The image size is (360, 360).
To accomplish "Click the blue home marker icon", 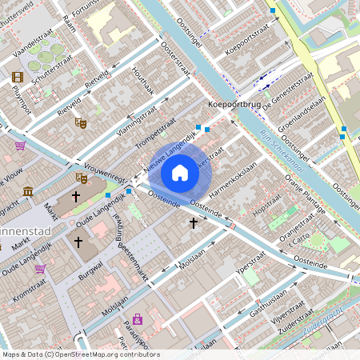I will tap(180, 172).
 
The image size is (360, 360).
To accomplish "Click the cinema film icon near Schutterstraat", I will tap(18, 77).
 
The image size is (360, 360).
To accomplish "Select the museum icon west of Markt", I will tap(29, 191).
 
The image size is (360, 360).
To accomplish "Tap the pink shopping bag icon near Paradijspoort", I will tap(138, 318).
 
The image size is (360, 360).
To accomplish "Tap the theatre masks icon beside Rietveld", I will tap(80, 123).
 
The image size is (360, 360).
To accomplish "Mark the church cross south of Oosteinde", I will tap(193, 224).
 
